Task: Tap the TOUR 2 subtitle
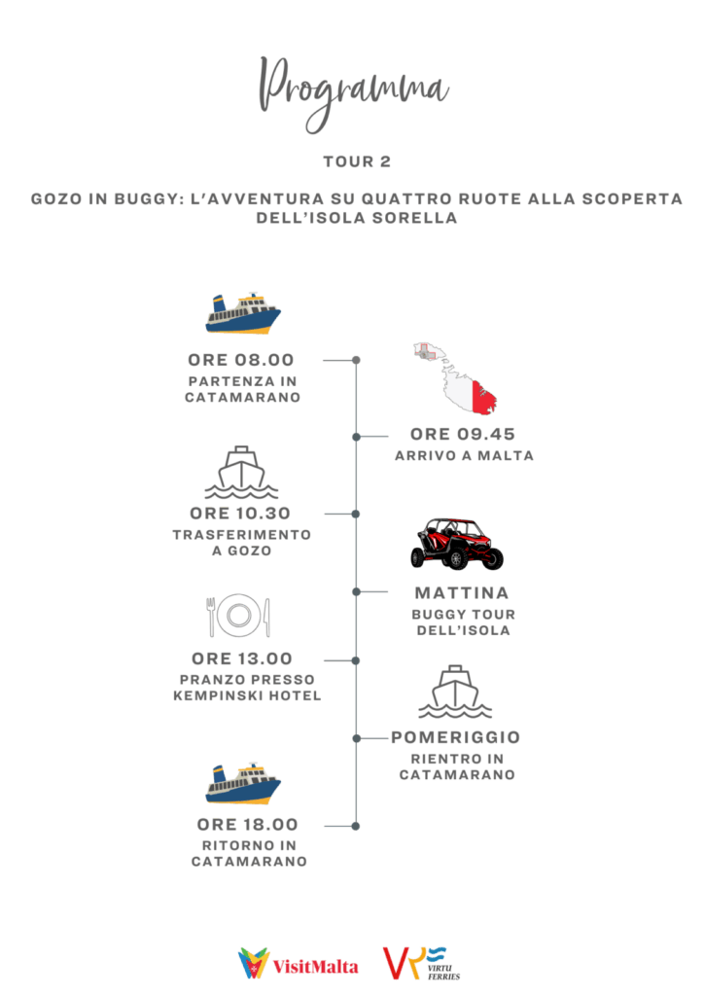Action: point(357,162)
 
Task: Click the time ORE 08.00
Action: point(241,360)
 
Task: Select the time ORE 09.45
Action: point(463,435)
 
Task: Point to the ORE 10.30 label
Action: point(240,514)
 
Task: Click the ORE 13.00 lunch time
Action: point(242,658)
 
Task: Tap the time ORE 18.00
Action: point(248,825)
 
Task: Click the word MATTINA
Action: point(462,593)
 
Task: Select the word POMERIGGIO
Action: point(456,737)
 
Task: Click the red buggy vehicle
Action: point(457,544)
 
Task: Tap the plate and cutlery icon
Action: point(238,615)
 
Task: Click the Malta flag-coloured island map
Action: point(456,378)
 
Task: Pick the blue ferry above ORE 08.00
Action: point(242,313)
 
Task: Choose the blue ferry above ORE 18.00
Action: point(242,783)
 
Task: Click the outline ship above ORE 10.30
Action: point(241,472)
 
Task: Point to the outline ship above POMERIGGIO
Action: point(455,692)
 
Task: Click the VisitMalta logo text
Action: point(315,967)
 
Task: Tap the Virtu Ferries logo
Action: point(421,963)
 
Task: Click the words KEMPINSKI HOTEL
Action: point(247,696)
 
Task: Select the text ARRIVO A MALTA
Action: point(464,456)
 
